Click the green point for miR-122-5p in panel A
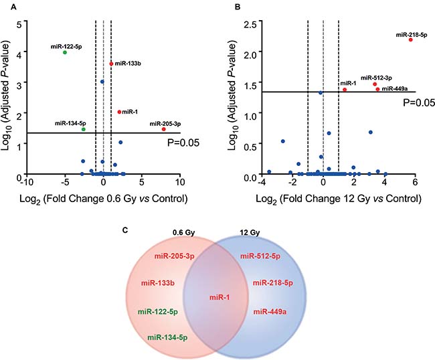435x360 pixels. [65, 52]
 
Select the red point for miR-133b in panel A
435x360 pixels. [111, 64]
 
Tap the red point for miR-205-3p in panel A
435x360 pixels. [163, 129]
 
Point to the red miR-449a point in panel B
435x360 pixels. [377, 89]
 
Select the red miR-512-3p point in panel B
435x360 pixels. [375, 84]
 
